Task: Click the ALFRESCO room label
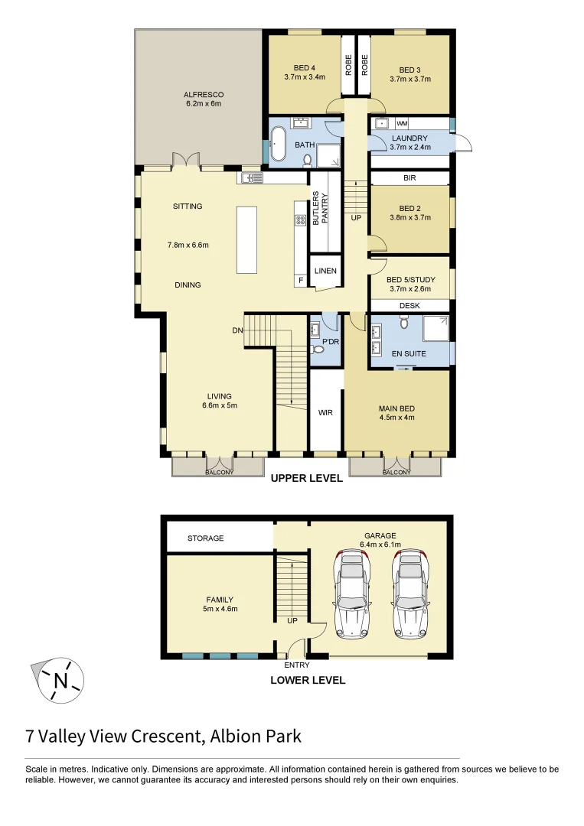[x=203, y=94]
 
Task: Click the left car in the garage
[x=352, y=594]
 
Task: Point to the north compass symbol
[x=60, y=678]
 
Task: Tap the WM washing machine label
[x=402, y=123]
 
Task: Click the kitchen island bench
[x=247, y=239]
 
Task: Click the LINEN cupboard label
[x=325, y=271]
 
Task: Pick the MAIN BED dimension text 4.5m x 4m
[x=396, y=418]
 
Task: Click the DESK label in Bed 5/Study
[x=409, y=306]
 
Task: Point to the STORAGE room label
[x=206, y=538]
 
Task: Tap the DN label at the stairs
[x=238, y=331]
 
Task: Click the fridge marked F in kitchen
[x=301, y=281]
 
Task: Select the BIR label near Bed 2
[x=409, y=177]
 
